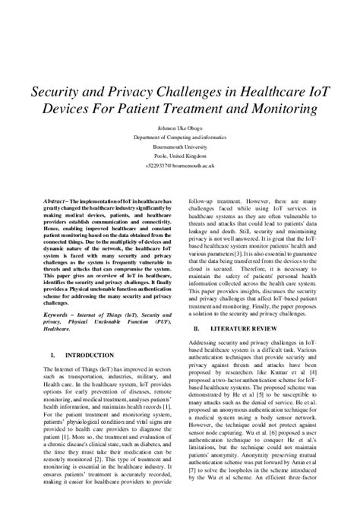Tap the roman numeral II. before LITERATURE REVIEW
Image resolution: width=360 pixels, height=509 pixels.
pyautogui.click(x=197, y=328)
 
